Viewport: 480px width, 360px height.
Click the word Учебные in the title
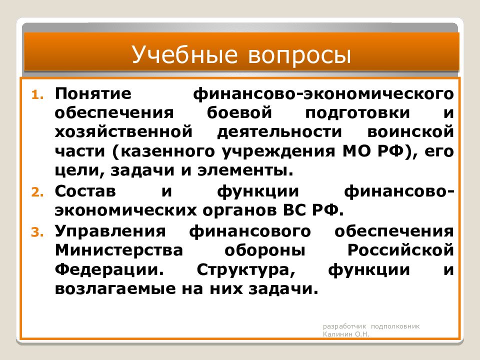(184, 54)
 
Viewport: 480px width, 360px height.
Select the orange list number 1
(37, 95)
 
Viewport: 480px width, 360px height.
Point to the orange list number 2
(37, 192)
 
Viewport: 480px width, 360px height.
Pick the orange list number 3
(37, 232)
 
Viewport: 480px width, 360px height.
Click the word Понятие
(93, 93)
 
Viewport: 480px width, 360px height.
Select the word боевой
(239, 112)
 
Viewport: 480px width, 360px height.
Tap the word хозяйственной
(123, 131)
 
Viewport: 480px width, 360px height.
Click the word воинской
(410, 131)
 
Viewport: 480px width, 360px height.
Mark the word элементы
(245, 170)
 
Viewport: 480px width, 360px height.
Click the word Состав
(85, 191)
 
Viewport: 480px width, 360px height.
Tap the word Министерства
(119, 250)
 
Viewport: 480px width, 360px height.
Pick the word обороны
(265, 250)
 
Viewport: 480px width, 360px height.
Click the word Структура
(246, 270)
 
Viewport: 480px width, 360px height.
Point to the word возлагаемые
(115, 289)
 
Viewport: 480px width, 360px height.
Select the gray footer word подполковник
(395, 326)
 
